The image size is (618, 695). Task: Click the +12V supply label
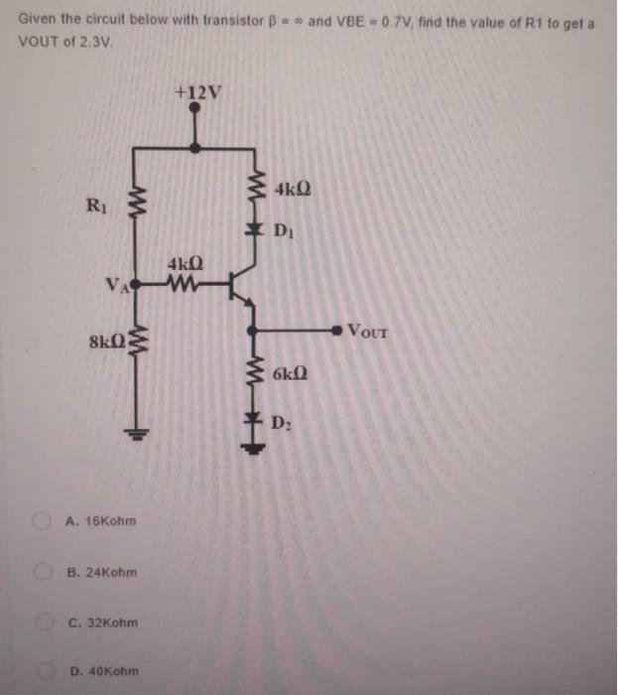[x=198, y=92]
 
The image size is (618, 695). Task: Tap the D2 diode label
[x=282, y=425]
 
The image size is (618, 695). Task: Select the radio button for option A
[x=43, y=520]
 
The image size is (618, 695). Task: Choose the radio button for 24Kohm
[x=43, y=572]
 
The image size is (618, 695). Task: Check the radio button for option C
[x=43, y=623]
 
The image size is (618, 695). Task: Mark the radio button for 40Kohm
[x=43, y=672]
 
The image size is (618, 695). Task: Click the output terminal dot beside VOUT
[x=337, y=330]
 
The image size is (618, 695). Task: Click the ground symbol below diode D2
[x=257, y=446]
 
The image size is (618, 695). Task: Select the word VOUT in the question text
[x=39, y=43]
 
